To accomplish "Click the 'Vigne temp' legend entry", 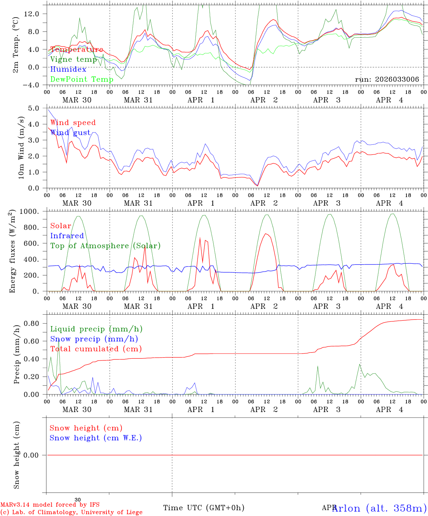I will tap(73, 59).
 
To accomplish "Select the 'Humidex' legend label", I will tap(68, 70).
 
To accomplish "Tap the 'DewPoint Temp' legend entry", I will tap(82, 80).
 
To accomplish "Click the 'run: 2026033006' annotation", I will tap(387, 80).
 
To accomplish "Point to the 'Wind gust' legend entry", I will tap(70, 133).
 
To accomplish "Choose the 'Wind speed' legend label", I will tap(73, 123).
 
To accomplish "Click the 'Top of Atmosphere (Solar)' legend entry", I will tap(105, 246).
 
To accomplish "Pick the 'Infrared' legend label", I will tap(67, 236).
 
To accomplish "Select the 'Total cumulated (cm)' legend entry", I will tap(96, 349).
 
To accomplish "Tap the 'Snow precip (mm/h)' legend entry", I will tap(94, 339).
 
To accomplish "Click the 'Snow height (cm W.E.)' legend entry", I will tap(96, 438).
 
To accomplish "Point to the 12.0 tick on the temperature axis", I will tap(35, 14).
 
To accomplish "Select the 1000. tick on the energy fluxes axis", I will tap(33, 211).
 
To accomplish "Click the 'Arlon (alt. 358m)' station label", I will tap(379, 508).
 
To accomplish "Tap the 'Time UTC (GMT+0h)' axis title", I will tap(204, 508).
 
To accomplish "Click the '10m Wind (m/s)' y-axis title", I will tap(21, 148).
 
